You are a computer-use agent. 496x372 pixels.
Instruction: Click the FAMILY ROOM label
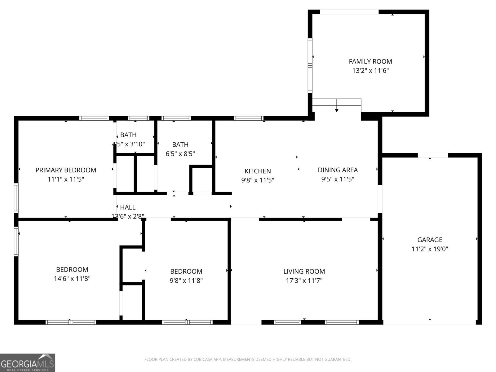click(370, 61)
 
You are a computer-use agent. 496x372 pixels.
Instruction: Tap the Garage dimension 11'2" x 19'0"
click(430, 249)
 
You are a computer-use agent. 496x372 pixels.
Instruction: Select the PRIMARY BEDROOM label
click(66, 170)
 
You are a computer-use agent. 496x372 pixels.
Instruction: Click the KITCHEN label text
click(258, 171)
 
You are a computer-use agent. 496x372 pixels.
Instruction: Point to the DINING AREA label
click(338, 170)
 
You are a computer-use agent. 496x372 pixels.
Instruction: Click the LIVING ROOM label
click(304, 271)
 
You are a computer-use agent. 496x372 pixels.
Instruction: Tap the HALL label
click(128, 207)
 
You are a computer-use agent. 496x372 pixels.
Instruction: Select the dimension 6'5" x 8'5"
click(180, 153)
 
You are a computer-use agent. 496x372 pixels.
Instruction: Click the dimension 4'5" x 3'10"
click(128, 144)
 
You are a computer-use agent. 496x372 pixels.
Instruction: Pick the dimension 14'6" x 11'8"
click(72, 278)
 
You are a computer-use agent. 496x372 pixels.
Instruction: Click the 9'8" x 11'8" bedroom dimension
click(186, 280)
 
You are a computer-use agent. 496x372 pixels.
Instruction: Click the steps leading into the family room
click(337, 105)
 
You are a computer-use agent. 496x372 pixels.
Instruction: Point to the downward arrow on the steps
click(337, 110)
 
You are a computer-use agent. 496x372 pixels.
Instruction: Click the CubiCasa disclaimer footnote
click(248, 359)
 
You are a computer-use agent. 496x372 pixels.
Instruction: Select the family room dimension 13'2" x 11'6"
click(370, 70)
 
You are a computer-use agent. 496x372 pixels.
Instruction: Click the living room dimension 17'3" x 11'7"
click(304, 280)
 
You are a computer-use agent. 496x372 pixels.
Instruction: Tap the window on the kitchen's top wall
click(248, 118)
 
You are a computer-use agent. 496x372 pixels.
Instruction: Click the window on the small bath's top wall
click(138, 118)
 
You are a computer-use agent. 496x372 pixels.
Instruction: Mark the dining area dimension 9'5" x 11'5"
click(338, 179)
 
